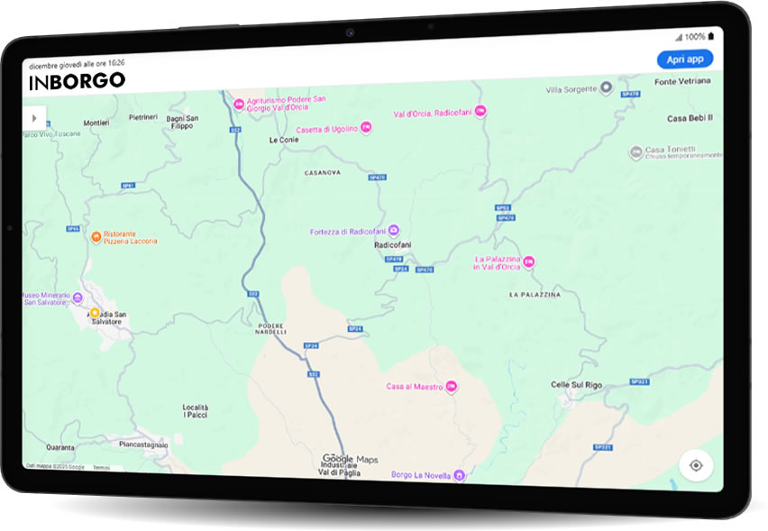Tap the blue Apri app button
pyautogui.click(x=684, y=60)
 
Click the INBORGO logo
pyautogui.click(x=77, y=81)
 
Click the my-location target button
pyautogui.click(x=696, y=465)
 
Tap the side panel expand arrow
pyautogui.click(x=34, y=117)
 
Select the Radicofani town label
pyautogui.click(x=393, y=244)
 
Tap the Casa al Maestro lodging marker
pyautogui.click(x=453, y=387)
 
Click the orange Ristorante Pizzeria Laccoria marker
pyautogui.click(x=95, y=237)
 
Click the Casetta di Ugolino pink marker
pyautogui.click(x=365, y=129)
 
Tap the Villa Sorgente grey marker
pyautogui.click(x=607, y=88)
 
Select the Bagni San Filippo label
pyautogui.click(x=182, y=122)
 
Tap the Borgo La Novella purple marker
pyautogui.click(x=459, y=475)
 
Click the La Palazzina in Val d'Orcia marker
pyautogui.click(x=529, y=262)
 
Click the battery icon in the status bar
pyautogui.click(x=711, y=37)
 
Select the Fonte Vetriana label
pyautogui.click(x=682, y=82)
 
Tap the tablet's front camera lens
pyautogui.click(x=348, y=32)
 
